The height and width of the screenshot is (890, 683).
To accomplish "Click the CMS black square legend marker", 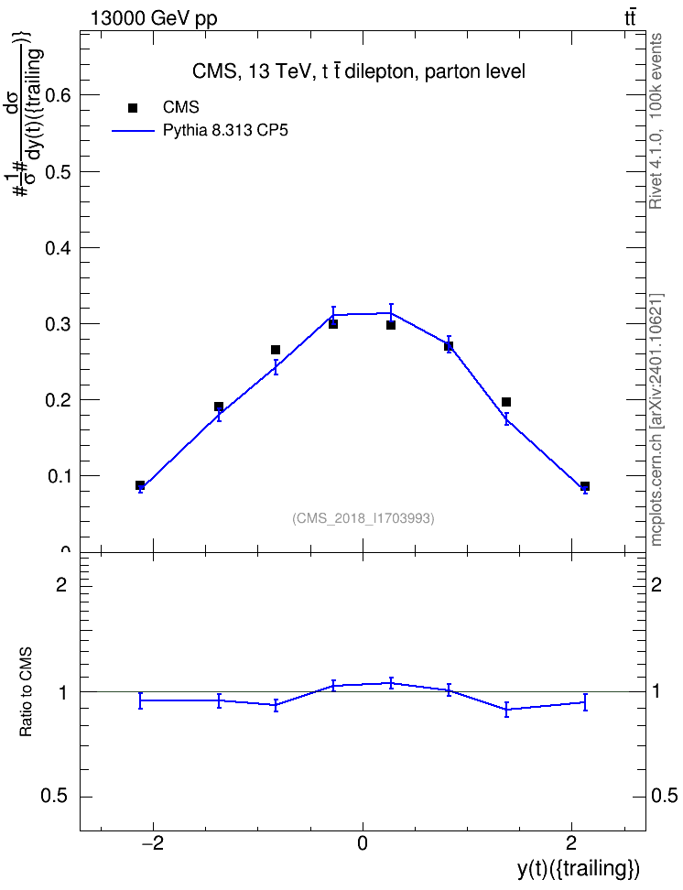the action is pos(133,108).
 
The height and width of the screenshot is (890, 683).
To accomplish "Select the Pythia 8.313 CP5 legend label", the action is pos(225,131).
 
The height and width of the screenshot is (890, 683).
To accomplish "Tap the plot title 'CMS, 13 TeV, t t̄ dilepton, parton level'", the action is pos(359,71).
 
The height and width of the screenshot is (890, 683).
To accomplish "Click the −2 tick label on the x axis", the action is pos(152,843).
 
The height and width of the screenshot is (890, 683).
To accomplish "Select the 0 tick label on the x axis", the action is pos(363,843).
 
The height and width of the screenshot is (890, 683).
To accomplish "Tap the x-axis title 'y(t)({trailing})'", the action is pos(579,869).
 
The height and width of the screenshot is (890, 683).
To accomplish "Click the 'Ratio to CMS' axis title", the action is pos(27,692).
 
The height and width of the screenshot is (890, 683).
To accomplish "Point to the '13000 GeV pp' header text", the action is pos(154,18).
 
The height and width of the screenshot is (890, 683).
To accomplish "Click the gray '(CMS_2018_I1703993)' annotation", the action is pos(363,518).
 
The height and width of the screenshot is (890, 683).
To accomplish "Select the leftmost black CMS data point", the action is pos(140,485).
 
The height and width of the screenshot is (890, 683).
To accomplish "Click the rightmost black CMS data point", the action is pos(585,486).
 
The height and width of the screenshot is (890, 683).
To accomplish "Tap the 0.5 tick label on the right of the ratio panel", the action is pos(664,797).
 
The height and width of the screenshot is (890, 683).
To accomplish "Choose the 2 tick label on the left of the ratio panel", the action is pos(61,584).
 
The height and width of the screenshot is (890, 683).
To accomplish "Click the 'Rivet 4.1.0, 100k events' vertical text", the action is pos(656,121).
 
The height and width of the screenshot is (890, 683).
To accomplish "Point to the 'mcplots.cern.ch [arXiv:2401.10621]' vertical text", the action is pos(656,419).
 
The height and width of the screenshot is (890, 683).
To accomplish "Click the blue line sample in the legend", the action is pos(133,131).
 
